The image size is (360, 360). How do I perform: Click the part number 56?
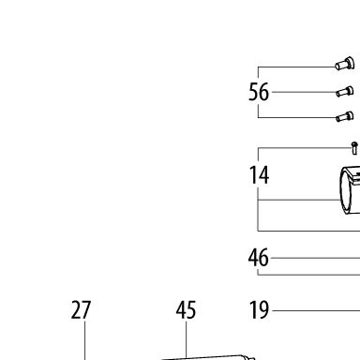pyautogui.click(x=259, y=92)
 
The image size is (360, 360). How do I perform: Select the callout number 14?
pyautogui.click(x=259, y=175)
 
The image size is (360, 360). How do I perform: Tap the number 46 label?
pyautogui.click(x=259, y=258)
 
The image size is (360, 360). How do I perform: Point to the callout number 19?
pyautogui.click(x=259, y=310)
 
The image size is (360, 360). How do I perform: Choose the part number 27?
pyautogui.click(x=81, y=310)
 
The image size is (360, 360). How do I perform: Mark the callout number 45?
pyautogui.click(x=186, y=310)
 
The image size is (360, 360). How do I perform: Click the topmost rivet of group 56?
pyautogui.click(x=345, y=64)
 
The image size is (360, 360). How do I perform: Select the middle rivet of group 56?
pyautogui.click(x=345, y=92)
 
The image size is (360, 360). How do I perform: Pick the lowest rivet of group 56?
pyautogui.click(x=345, y=116)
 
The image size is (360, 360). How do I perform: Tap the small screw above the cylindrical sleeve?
pyautogui.click(x=354, y=148)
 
